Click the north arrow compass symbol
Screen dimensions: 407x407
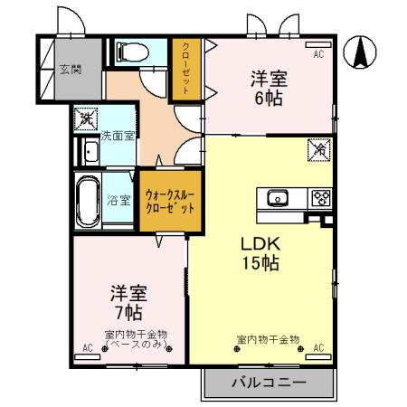point(362,52)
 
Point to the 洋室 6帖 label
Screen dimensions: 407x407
point(268,89)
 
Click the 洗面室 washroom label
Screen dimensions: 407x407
point(117,136)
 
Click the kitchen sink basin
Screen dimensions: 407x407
point(277,197)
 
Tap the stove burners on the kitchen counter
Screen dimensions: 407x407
point(320,197)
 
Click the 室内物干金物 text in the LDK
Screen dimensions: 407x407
point(268,339)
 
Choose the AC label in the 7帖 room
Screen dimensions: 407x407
point(89,347)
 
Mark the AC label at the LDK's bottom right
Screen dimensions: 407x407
point(318,347)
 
